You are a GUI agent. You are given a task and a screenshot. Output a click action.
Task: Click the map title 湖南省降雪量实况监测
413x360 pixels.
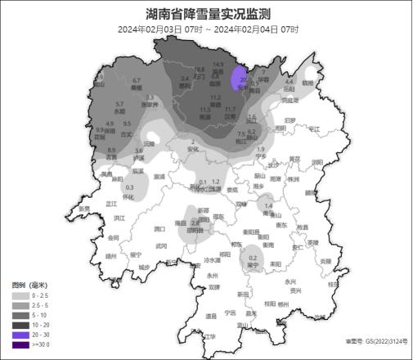pyautogui.click(x=207, y=14)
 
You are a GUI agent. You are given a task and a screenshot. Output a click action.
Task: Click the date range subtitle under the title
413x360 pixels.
pyautogui.click(x=207, y=29)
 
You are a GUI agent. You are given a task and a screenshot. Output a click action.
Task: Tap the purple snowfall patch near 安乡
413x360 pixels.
pyautogui.click(x=239, y=79)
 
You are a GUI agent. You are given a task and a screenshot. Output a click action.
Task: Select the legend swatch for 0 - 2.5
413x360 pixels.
pyautogui.click(x=20, y=295)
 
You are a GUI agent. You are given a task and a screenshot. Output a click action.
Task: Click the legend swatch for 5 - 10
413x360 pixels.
pyautogui.click(x=20, y=314)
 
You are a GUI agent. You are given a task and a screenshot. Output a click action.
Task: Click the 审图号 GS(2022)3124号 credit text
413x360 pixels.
pyautogui.click(x=376, y=341)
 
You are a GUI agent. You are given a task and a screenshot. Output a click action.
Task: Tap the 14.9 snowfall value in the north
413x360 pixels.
pyautogui.click(x=218, y=65)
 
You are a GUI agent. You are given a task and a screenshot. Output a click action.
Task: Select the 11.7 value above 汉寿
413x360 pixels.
pyautogui.click(x=231, y=109)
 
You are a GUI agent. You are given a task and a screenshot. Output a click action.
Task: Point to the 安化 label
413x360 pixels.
pyautogui.click(x=193, y=150)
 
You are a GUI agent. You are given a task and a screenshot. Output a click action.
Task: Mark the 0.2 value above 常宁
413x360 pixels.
pyautogui.click(x=252, y=257)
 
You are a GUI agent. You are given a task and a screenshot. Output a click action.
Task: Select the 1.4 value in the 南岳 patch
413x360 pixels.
pyautogui.click(x=267, y=205)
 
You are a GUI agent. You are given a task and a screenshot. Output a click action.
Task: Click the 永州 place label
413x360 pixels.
pyautogui.click(x=213, y=276)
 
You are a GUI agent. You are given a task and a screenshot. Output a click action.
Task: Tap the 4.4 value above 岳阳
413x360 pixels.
pyautogui.click(x=288, y=82)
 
